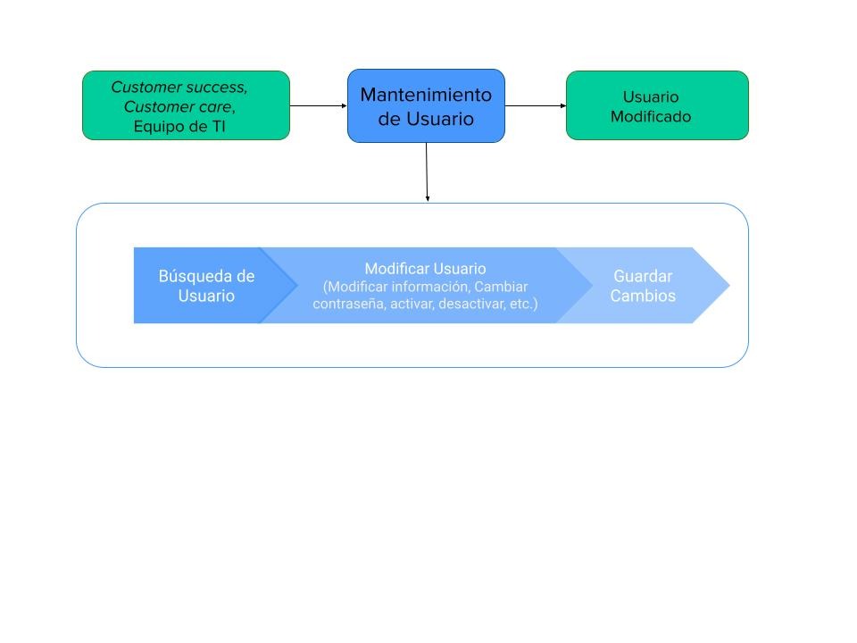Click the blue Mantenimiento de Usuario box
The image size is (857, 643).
tap(426, 105)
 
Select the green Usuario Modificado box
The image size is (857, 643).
tap(657, 105)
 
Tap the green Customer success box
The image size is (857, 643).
tap(186, 105)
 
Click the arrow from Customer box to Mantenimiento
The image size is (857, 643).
tap(318, 105)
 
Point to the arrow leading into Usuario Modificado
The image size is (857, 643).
tap(536, 105)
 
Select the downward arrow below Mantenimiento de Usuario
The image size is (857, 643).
tap(427, 172)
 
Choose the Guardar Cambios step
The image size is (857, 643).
tap(643, 286)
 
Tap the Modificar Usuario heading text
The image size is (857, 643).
tap(425, 269)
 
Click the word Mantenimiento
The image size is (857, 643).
tap(426, 95)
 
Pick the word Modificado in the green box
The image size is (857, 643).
tap(651, 117)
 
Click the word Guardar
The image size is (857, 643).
tap(643, 276)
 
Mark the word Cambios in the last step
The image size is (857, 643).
tap(643, 296)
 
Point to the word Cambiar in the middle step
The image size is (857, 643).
tap(501, 287)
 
